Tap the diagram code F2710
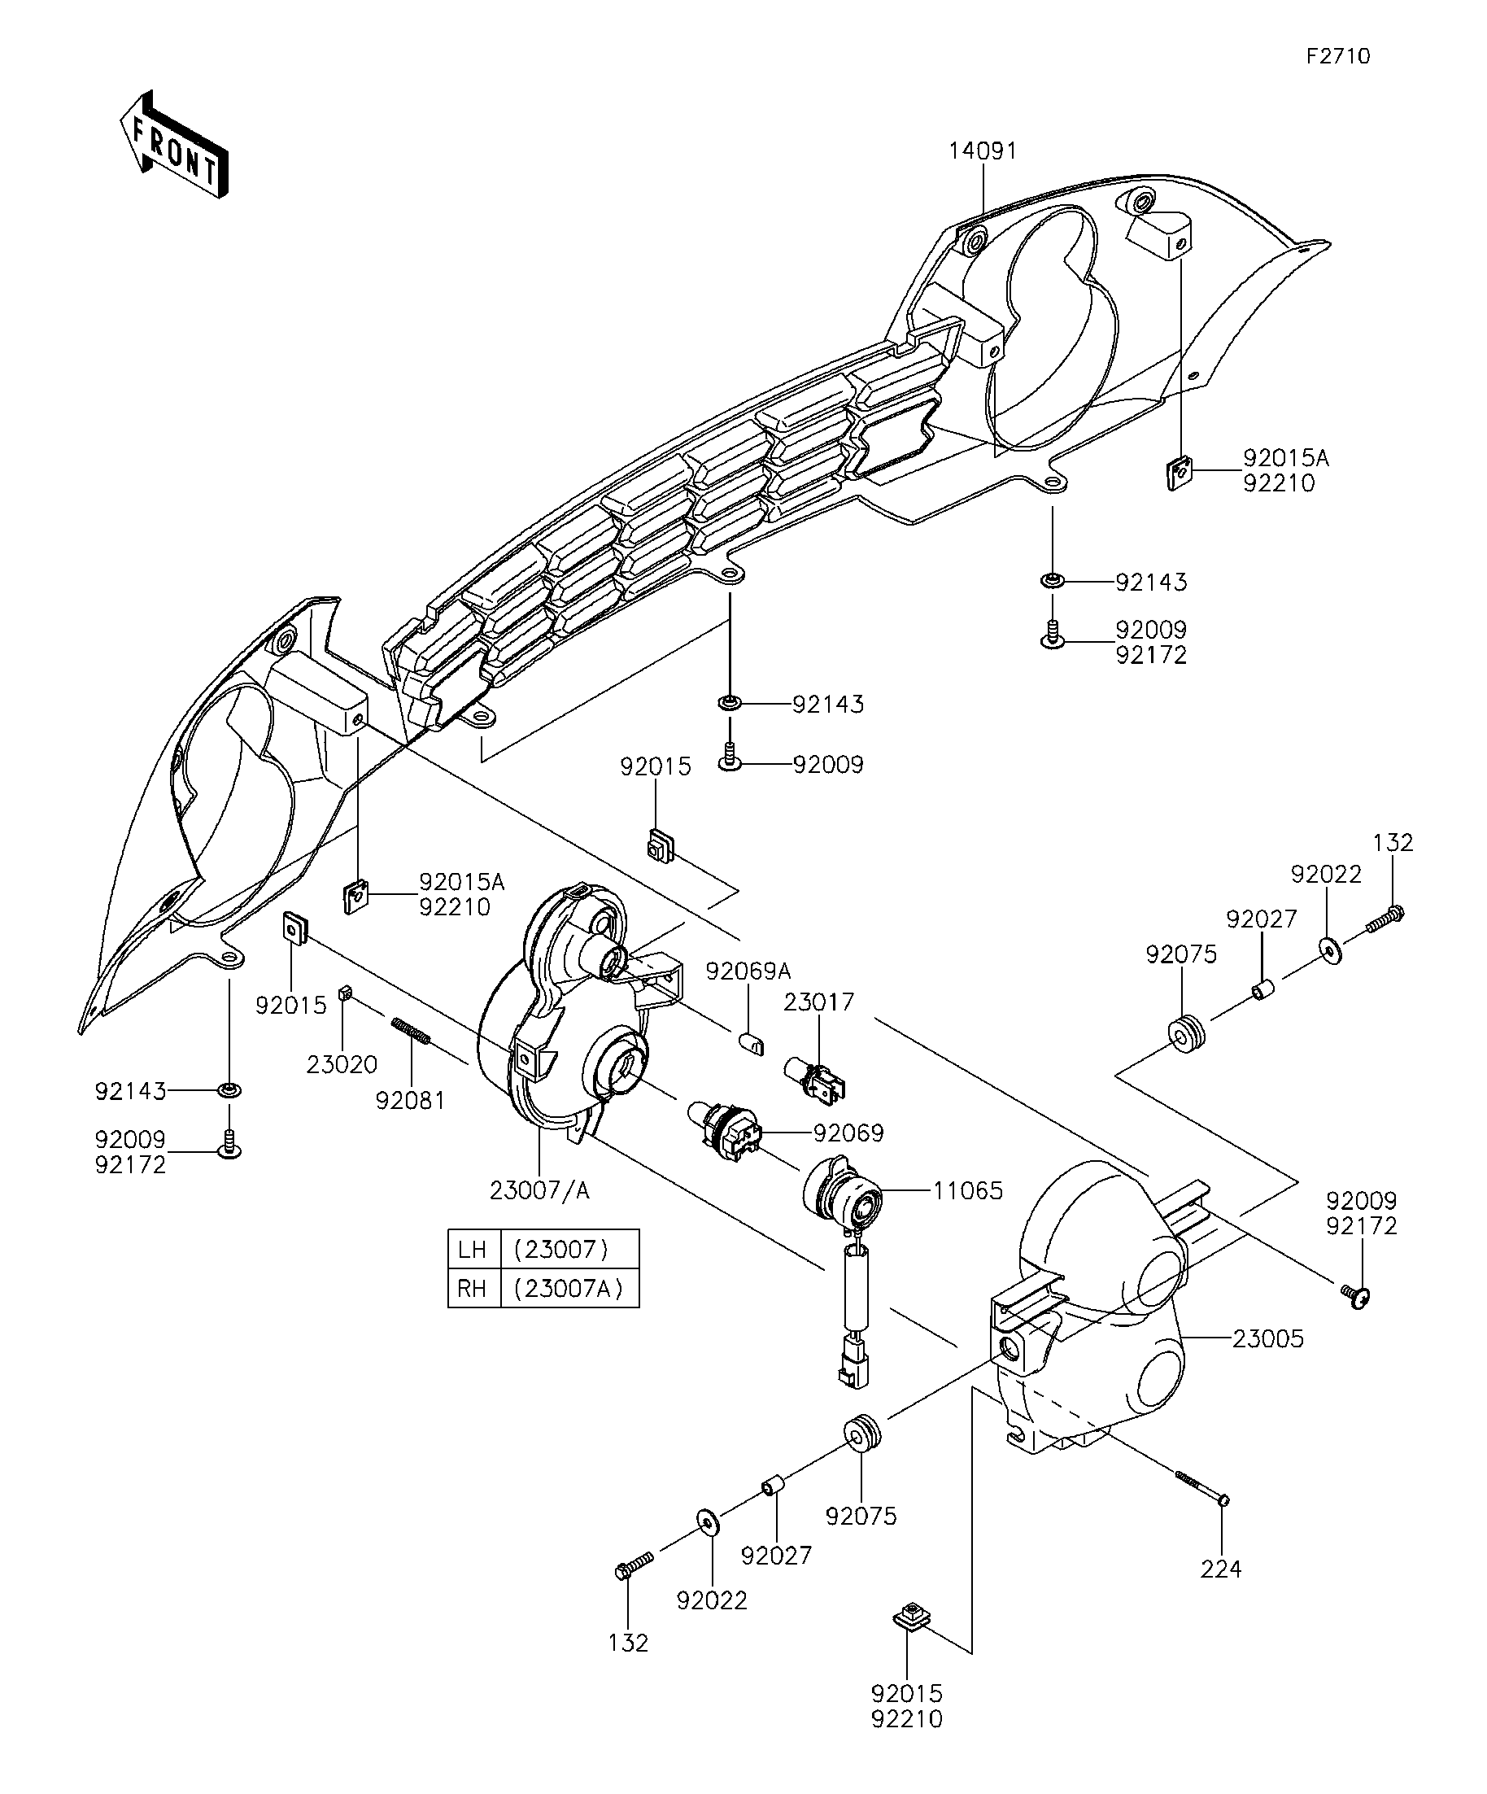1338,56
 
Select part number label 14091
983,151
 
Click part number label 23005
1267,1338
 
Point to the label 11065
968,1191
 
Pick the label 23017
819,1002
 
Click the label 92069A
748,971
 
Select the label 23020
342,1064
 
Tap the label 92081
411,1101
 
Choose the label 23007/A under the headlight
540,1191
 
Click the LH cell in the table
473,1250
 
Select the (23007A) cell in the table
569,1288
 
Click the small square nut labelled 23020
346,992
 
